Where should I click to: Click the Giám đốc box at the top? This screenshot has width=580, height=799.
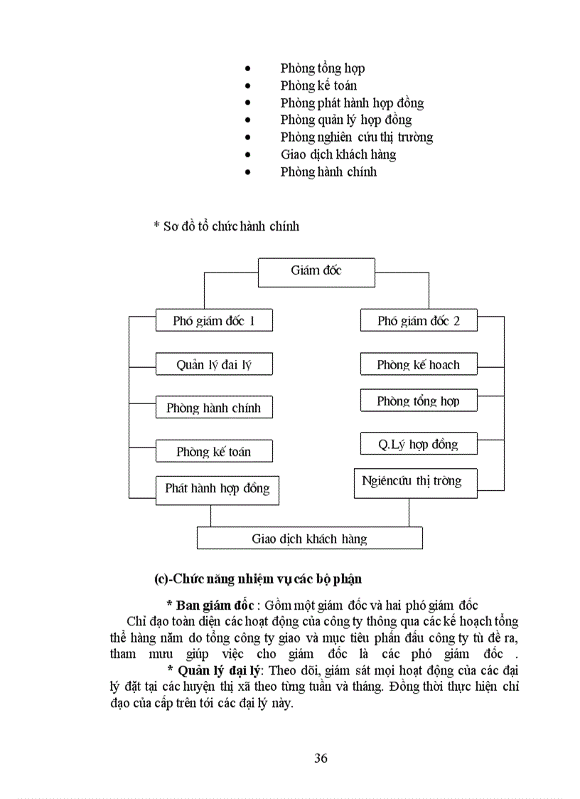316,271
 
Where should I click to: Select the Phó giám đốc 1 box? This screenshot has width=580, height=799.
213,321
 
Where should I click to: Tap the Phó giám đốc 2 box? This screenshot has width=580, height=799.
419,321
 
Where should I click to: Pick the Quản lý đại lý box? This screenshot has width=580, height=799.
213,365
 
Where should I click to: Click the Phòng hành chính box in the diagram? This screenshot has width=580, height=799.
213,408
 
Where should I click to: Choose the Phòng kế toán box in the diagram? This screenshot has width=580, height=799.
213,452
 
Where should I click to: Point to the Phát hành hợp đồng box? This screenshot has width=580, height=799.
217,489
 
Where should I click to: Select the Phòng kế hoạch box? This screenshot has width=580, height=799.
419,365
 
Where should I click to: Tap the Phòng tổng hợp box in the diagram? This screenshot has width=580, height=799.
419,401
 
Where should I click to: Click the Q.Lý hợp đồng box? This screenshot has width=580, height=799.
419,445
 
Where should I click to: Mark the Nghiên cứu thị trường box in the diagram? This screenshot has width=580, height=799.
416,482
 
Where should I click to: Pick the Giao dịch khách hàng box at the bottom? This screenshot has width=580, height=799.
309,539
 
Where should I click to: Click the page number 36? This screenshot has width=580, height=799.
321,758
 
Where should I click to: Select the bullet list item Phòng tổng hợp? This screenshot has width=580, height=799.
323,68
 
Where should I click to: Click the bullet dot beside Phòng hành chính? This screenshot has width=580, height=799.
247,171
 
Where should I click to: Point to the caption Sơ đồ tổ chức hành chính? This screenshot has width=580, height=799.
227,226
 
